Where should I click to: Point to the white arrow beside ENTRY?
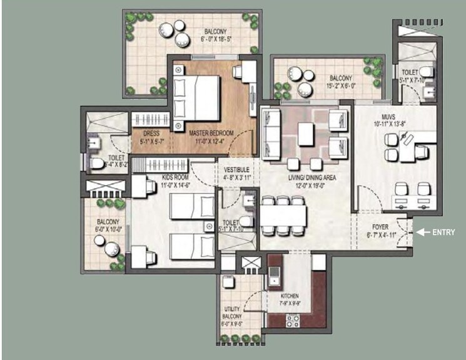[x=425, y=232]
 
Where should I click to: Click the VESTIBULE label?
[x=236, y=169]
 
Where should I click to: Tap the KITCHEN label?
[x=290, y=295]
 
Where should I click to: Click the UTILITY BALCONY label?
[x=232, y=312]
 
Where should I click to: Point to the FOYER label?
[x=377, y=229]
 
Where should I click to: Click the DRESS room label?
[x=151, y=133]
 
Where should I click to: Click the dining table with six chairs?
[x=285, y=216]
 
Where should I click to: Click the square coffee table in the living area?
[x=306, y=133]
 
